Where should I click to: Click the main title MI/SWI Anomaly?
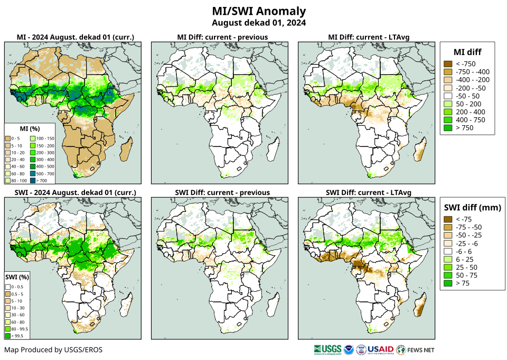[259, 11]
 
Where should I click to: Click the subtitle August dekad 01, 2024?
[259, 23]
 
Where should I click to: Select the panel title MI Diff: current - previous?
[222, 37]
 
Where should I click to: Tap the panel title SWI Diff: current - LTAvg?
[369, 192]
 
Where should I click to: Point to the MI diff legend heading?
[467, 52]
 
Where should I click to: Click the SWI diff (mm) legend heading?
[471, 207]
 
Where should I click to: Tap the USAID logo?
[380, 349]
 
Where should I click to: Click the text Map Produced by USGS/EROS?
[53, 350]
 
